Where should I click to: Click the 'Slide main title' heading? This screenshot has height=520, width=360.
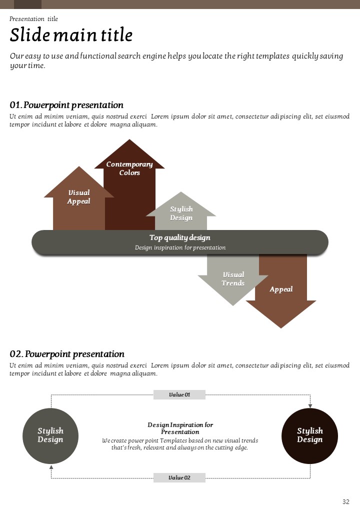[71, 35]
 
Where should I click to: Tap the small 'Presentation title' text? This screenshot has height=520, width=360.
[33, 19]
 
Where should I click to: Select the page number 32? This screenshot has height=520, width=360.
[346, 502]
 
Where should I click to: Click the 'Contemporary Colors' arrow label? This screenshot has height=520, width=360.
[129, 168]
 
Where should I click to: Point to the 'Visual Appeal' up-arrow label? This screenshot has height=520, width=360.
[79, 196]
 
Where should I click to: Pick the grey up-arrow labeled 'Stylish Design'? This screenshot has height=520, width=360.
[181, 213]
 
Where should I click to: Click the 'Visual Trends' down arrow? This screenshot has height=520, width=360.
[233, 279]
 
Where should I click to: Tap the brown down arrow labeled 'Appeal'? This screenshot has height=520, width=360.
[281, 289]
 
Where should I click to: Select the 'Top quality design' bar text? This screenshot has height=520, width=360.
[180, 237]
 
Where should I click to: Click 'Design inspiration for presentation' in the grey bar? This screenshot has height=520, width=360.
[180, 247]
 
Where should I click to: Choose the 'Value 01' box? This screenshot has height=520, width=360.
[179, 395]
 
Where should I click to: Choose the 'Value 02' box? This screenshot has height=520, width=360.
[179, 477]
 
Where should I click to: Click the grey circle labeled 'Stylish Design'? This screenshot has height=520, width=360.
[50, 435]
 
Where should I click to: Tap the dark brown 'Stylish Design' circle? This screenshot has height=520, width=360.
[310, 435]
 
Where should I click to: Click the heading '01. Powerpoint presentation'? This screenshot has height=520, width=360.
[66, 105]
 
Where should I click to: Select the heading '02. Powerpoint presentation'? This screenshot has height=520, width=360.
[67, 354]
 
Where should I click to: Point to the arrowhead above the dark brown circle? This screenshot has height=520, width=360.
[310, 405]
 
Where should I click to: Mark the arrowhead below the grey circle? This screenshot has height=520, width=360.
[51, 466]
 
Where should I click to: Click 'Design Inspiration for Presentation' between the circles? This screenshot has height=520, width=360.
[180, 428]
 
